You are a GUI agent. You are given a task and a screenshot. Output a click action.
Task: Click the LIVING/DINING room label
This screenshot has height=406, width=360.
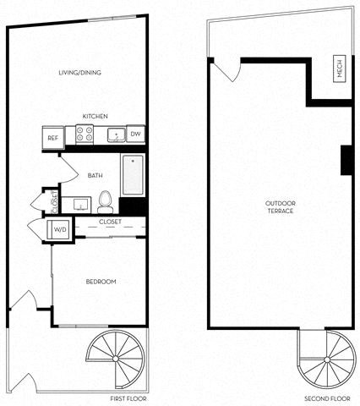[x=79, y=73]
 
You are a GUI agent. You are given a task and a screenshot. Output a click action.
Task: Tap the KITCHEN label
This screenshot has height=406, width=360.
[x=95, y=116]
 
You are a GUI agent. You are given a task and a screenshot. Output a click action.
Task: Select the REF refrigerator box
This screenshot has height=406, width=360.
[x=53, y=138]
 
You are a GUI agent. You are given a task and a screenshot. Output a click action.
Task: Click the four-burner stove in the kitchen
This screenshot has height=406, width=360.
[x=85, y=134]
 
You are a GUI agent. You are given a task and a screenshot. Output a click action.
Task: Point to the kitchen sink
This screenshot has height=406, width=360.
[x=117, y=134]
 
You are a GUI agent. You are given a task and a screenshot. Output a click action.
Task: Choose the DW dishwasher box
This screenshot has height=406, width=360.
[x=135, y=134]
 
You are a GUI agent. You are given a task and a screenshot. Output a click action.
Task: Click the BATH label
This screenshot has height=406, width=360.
[x=95, y=175]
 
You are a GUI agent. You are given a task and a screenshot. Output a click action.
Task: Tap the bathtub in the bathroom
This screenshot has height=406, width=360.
[x=133, y=175]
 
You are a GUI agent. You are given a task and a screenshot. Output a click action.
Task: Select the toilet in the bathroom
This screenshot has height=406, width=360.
[x=106, y=202]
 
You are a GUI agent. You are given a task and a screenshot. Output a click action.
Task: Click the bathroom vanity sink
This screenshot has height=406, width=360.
[x=80, y=204]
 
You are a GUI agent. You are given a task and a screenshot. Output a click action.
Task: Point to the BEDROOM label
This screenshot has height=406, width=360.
[x=101, y=282]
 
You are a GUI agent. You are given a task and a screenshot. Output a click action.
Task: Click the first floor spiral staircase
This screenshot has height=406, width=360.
[x=116, y=359]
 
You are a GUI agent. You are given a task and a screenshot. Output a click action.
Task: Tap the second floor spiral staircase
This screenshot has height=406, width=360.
[x=327, y=359]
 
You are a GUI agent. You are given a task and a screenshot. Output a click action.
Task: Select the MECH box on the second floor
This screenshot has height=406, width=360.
[x=340, y=69]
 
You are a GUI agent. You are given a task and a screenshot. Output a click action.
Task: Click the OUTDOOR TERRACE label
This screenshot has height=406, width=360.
[x=281, y=207]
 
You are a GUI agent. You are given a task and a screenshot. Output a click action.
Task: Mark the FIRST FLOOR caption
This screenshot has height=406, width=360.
[x=128, y=398]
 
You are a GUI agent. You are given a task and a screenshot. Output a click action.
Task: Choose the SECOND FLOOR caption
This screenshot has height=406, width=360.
[x=327, y=398]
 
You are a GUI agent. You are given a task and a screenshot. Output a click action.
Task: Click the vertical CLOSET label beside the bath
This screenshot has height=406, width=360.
[x=55, y=202]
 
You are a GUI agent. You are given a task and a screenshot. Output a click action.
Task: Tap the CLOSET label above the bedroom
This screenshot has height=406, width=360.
[x=110, y=222]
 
